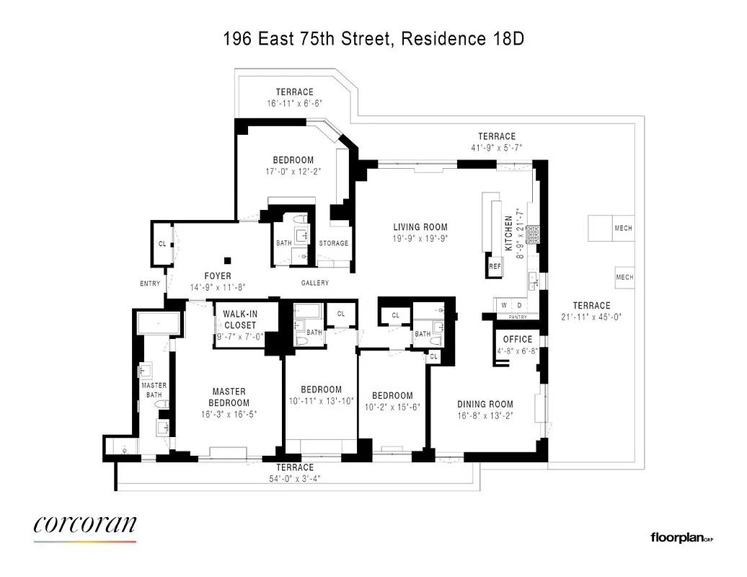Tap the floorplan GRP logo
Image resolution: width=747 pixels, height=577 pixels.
pos(681,537)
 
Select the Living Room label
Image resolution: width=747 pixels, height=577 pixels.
pos(415,227)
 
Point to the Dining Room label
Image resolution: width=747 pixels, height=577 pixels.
pos(485,404)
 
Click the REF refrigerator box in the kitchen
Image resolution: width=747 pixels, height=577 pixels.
pos(495,266)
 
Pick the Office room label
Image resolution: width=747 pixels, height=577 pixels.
pos(518,339)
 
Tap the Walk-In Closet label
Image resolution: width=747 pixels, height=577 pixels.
pos(239,320)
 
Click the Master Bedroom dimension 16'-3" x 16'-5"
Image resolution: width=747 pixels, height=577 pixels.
pos(229,414)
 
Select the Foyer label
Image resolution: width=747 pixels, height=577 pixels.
pos(218,276)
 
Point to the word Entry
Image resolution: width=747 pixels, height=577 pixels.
pos(150,283)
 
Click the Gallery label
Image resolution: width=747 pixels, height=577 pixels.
pos(314,283)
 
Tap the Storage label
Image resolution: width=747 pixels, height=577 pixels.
pos(334,243)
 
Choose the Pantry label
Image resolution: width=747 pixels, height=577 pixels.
pos(518,317)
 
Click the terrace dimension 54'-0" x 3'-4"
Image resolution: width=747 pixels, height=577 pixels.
pos(296,477)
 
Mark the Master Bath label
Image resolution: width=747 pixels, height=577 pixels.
pos(154,390)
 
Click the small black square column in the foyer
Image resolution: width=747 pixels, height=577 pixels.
pos(228,260)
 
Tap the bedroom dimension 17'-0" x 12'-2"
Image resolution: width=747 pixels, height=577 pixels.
pos(293,171)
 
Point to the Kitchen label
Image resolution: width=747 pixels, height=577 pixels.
pos(509,232)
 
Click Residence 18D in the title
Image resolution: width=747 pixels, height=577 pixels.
pos(462,39)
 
